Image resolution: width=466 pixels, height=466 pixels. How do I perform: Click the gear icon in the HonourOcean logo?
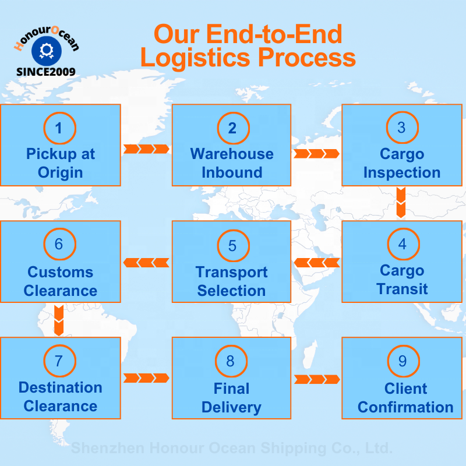coord(46,52)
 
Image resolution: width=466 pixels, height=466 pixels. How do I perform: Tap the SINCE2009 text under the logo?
coord(45,72)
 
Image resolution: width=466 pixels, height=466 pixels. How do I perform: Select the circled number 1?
coord(59,128)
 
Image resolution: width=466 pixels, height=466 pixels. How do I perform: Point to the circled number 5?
coord(232,245)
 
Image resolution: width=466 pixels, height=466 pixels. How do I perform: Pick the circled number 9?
coord(402,361)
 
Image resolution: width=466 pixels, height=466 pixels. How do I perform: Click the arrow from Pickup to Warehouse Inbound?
coord(146,149)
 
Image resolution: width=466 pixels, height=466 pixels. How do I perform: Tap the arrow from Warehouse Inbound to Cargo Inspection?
coord(316,154)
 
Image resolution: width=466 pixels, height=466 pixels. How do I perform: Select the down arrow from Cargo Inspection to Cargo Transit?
coord(401,203)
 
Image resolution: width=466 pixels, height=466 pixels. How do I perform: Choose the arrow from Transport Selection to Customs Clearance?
coord(146,262)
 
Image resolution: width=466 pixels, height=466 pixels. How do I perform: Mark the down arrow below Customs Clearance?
coord(59,320)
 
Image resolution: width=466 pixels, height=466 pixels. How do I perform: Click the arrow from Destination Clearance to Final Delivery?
coord(146,379)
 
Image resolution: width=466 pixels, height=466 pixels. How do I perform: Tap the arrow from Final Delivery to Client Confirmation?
coord(316,379)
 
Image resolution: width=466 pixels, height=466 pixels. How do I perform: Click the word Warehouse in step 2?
coord(232,154)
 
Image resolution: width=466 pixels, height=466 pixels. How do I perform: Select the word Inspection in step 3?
coord(402,173)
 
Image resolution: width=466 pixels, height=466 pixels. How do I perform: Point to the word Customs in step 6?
coord(61,272)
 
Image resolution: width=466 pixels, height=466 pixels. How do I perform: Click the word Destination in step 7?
coord(61,387)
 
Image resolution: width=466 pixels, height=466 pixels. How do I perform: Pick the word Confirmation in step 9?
coord(405,407)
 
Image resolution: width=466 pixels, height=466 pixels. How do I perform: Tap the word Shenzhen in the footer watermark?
coord(108,449)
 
